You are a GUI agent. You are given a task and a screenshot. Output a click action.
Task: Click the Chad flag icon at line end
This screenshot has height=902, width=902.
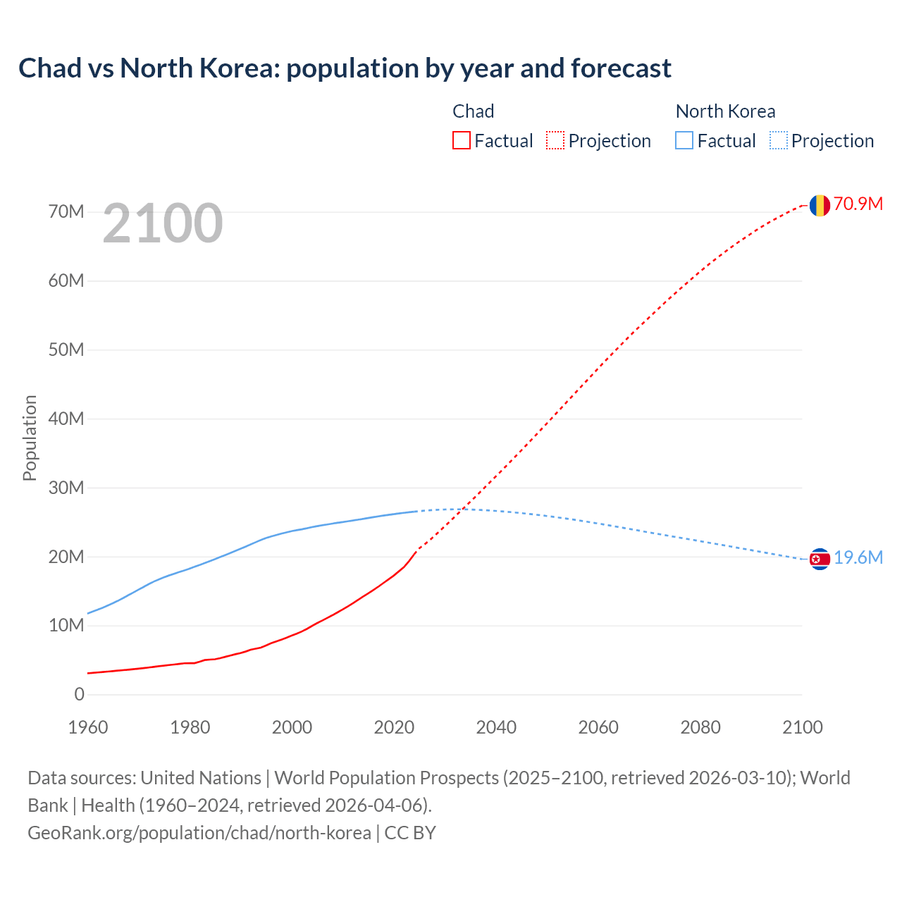point(819,205)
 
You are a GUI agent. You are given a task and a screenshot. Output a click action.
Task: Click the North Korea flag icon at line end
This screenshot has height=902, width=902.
point(819,559)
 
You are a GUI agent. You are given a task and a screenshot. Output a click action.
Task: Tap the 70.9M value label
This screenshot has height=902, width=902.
point(858,204)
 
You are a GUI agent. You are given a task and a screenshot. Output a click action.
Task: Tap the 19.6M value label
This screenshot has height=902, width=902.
point(858,558)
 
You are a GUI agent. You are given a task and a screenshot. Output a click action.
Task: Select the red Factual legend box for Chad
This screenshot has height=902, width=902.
point(461,141)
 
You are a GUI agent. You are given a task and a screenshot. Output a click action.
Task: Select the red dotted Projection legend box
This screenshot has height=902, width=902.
point(555,141)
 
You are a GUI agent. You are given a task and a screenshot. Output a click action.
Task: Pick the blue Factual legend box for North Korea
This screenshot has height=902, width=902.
point(684,141)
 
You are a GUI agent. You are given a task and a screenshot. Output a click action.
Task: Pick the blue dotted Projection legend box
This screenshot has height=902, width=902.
point(778,141)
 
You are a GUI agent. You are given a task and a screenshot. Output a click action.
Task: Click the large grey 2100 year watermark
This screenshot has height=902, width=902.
point(163,223)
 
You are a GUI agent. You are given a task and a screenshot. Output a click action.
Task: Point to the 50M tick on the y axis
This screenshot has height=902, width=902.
point(66,350)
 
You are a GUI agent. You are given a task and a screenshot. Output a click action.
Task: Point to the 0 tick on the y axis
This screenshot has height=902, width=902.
point(79,695)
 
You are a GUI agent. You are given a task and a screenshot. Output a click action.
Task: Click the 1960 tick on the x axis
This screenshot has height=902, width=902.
point(88,727)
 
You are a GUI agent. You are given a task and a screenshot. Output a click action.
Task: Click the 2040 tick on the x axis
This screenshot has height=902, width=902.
point(496,727)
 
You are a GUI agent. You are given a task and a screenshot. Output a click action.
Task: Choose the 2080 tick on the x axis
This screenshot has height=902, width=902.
point(700,727)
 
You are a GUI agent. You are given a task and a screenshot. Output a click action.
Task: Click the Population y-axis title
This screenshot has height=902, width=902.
point(30,438)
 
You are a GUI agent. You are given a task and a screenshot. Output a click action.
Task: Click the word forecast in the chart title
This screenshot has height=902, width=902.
point(621,68)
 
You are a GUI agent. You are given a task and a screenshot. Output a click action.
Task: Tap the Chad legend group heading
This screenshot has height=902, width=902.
point(473,111)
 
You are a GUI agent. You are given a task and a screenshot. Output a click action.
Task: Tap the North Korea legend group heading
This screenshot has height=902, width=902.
point(725,111)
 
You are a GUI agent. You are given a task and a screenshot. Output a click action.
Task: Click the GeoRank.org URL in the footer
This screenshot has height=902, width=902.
point(199,833)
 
